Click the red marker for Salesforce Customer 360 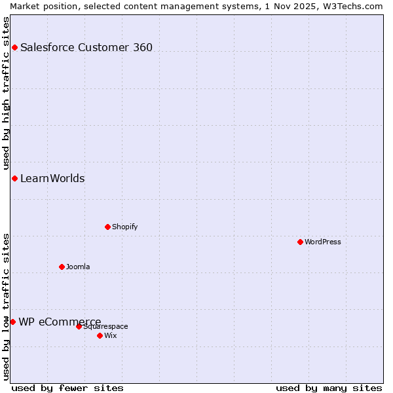(x=14, y=47)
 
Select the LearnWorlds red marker (x=14, y=179)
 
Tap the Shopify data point (x=107, y=227)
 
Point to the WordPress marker (x=300, y=242)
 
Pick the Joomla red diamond (x=62, y=267)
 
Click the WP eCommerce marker (x=12, y=322)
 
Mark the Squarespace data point (x=79, y=326)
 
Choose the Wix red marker (x=100, y=335)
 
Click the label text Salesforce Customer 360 (x=86, y=47)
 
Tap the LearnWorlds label (x=52, y=179)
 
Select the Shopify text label (x=124, y=227)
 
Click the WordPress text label (x=322, y=242)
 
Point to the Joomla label (x=78, y=267)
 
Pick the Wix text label (x=110, y=335)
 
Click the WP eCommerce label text (x=60, y=322)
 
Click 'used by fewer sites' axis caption (x=67, y=388)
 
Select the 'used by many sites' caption (x=329, y=388)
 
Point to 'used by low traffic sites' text (x=6, y=306)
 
